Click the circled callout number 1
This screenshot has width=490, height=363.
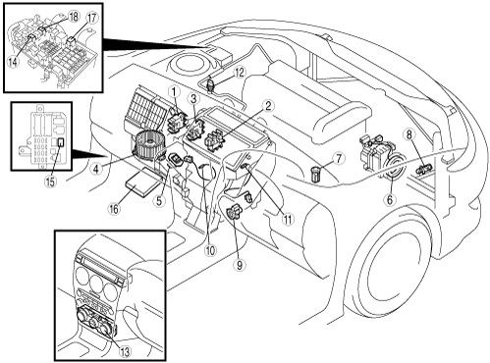175,92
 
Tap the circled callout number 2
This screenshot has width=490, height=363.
268,106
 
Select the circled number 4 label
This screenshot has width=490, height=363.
95,169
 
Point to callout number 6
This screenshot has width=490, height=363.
390,199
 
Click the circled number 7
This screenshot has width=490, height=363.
338,159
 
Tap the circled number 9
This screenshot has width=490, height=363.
240,265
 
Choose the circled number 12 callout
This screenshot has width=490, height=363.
240,73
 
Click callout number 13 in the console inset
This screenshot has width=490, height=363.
125,351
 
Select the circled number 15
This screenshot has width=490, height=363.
50,181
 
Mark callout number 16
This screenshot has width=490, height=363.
114,209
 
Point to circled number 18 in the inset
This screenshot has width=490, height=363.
74,17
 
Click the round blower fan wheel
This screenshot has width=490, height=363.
148,145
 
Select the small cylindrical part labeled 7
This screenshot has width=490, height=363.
316,174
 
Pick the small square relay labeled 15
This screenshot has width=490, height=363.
61,142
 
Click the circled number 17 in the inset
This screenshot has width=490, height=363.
92,18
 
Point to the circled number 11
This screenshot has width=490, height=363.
288,219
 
